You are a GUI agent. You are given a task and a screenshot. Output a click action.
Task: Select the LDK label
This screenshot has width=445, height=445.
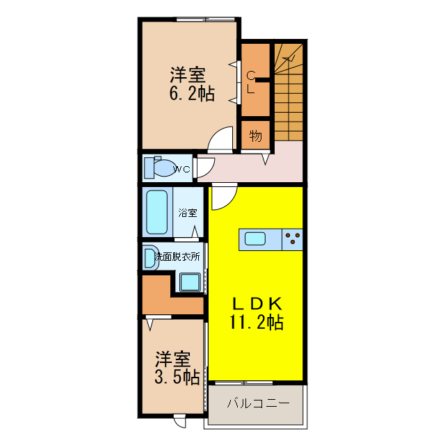256,304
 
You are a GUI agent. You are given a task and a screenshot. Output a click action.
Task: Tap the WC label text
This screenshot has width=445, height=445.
182,169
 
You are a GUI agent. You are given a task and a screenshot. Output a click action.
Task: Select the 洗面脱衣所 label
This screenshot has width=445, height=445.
177,256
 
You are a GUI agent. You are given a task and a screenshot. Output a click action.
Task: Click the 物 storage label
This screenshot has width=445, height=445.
255,136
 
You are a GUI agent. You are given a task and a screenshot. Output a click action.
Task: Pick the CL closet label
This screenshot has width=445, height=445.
252,82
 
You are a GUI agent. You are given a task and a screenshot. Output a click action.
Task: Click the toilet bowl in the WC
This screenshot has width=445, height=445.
164,168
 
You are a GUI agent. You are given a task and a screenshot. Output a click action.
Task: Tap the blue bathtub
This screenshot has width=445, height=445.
158,212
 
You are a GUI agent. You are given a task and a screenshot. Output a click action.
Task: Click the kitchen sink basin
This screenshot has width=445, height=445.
254,240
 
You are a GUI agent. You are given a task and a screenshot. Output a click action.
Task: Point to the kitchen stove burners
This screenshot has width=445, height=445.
293,240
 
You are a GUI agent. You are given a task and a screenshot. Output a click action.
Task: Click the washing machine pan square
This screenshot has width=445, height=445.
189,282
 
